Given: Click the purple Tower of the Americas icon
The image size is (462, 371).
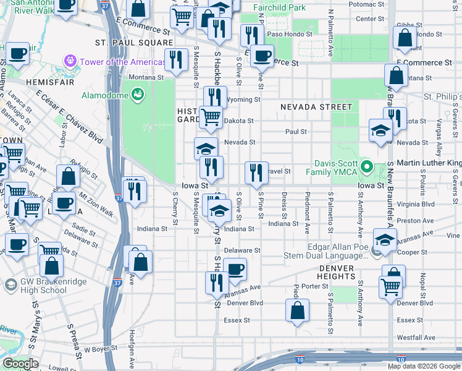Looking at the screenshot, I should point(69,62).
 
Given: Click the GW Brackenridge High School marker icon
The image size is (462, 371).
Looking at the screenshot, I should point(10,284).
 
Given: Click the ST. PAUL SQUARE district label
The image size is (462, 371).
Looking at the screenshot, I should point(134,43).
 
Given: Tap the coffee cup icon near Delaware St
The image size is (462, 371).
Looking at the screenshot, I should point(235,270).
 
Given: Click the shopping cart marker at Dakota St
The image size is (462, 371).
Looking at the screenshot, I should point(211,116).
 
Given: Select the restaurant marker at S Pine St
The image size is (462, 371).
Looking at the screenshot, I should point(256,173).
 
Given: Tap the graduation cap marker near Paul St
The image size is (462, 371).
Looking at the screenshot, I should point(380,130).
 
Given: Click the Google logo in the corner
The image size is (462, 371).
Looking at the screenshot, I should point(20,364).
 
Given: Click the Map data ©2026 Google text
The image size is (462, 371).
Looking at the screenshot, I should point(423,366).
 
